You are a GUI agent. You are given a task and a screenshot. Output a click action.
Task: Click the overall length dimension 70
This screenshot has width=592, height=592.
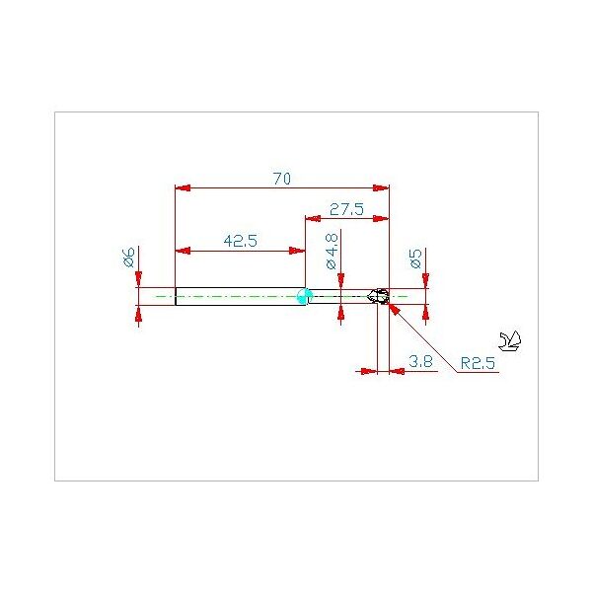(281, 179)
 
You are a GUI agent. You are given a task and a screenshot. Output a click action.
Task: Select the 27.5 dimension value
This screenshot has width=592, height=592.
(347, 209)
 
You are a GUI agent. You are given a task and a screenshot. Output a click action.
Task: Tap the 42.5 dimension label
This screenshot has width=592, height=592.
(240, 241)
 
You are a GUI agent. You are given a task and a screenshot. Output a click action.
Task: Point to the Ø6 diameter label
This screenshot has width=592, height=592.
(128, 259)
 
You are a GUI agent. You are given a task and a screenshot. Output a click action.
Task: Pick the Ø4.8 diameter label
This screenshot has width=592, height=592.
(332, 251)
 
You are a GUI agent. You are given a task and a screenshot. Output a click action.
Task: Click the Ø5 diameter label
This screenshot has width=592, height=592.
(416, 259)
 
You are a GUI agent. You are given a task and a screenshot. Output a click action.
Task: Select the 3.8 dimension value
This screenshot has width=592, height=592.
(420, 361)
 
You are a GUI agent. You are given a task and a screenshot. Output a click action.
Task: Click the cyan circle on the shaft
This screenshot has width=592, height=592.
(304, 295)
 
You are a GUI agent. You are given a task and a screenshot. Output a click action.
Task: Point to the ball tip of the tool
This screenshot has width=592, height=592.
(380, 296)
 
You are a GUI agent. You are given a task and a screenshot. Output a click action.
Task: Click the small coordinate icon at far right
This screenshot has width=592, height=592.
(511, 341)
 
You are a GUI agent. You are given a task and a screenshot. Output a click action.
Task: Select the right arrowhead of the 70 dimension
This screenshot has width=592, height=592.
(383, 187)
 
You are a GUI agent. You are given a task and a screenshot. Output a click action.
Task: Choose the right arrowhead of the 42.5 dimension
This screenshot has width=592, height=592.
(298, 250)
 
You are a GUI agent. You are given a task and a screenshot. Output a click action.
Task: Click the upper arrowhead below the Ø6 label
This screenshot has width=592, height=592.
(139, 280)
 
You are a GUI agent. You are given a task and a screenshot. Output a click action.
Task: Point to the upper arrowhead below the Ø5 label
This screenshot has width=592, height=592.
(425, 282)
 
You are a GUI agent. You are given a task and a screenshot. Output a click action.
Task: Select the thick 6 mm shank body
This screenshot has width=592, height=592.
(237, 296)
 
